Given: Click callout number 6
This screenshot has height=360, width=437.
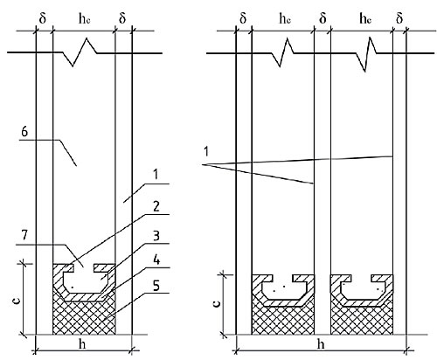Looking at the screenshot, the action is (x=24, y=132).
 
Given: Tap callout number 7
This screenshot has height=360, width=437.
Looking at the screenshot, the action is (x=24, y=235).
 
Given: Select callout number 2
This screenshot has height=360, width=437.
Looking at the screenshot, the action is (x=156, y=206).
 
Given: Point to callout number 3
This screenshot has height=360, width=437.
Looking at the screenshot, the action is (x=156, y=236).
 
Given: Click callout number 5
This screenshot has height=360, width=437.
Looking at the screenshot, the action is (x=156, y=286).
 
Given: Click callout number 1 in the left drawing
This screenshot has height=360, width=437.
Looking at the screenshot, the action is (x=156, y=175).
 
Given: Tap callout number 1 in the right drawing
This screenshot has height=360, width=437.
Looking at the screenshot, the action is (x=206, y=152).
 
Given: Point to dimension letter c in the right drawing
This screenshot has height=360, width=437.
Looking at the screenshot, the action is (x=217, y=303).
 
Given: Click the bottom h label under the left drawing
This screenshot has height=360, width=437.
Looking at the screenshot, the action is (x=82, y=344).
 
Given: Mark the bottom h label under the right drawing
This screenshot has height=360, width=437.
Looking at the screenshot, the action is (x=321, y=344).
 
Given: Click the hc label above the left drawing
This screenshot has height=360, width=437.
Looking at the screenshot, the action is (x=84, y=18).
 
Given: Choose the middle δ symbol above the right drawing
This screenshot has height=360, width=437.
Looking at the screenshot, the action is (x=323, y=18).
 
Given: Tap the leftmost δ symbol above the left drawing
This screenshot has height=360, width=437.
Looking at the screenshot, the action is (x=43, y=18).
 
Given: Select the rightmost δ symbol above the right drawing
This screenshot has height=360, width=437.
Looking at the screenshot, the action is (x=399, y=18).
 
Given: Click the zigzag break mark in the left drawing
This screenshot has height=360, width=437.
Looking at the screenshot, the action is (x=80, y=52).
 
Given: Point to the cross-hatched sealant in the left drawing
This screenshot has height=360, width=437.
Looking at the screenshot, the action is (x=84, y=316).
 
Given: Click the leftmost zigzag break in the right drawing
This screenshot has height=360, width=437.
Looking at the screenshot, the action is (x=282, y=53).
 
